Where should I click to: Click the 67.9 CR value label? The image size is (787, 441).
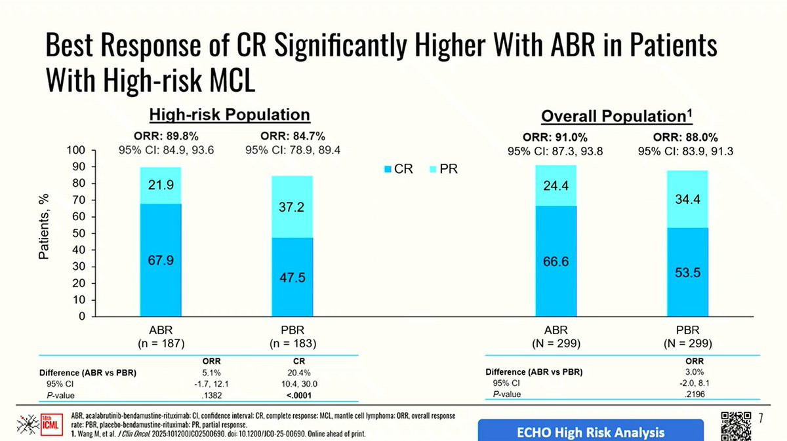161,260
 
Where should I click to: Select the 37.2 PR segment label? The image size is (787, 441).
293,207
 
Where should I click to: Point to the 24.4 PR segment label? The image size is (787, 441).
555,186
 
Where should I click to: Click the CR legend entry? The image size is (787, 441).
398,169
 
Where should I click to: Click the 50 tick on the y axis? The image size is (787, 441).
79,234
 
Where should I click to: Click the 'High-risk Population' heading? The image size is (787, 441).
230,115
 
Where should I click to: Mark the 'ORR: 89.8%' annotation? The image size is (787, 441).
161,137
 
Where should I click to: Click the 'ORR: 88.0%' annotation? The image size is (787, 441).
685,138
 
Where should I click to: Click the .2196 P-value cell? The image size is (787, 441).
694,393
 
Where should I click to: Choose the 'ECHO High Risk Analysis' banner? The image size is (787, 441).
592,432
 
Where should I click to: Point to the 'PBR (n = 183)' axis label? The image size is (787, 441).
293,336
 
